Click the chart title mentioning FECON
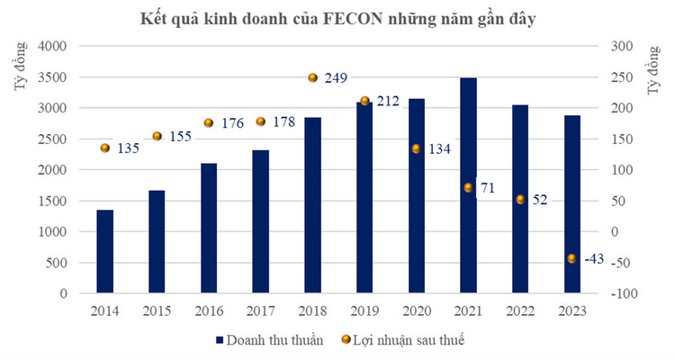(337, 18)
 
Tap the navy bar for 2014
(105, 251)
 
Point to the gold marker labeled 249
(313, 78)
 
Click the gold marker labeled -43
(571, 258)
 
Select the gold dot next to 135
(105, 148)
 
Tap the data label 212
(388, 101)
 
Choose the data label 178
(284, 121)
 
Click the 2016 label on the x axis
(209, 310)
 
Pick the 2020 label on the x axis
(416, 310)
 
